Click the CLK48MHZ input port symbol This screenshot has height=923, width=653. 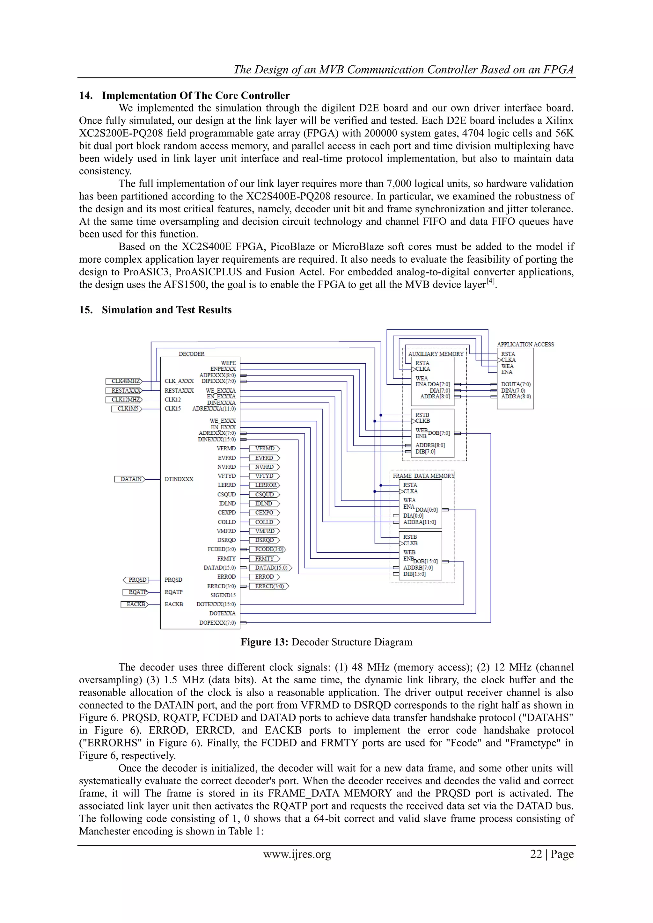124,381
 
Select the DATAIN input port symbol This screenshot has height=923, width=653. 130,479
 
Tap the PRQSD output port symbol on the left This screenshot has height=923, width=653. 136,580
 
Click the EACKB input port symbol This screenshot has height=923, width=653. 134,604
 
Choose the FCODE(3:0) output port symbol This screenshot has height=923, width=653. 268,549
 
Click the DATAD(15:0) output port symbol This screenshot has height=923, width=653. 271,568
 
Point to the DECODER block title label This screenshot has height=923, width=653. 191,354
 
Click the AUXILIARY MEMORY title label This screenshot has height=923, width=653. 436,354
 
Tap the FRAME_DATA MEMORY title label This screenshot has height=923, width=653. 423,476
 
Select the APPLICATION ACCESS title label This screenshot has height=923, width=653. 525,345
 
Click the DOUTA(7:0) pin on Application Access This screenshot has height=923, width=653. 516,384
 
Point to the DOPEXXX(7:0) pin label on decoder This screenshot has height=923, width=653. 217,623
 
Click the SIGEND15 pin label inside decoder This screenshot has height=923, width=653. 223,595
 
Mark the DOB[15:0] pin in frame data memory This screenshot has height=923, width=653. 426,561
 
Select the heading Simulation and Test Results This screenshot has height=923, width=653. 166,310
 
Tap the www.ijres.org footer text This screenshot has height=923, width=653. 297,854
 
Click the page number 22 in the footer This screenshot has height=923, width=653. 536,854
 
